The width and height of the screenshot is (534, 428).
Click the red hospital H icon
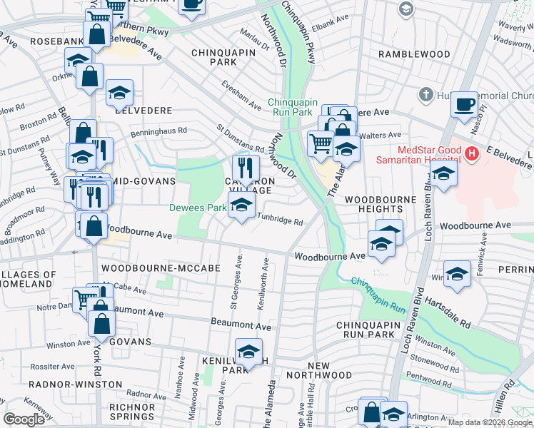pos(470,153)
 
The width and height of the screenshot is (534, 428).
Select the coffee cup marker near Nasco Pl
pos(464,104)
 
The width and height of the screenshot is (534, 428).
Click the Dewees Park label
pos(196,208)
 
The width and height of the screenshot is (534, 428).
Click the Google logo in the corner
pos(24,419)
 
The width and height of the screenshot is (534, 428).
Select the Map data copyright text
pos(489,422)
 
